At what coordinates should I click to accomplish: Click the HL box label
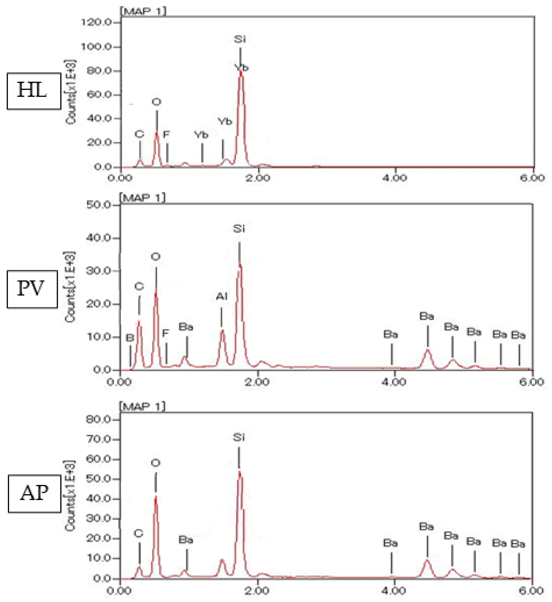[33, 91]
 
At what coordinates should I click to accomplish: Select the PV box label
[32, 289]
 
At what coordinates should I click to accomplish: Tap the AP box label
[34, 493]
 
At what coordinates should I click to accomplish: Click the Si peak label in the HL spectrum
[240, 39]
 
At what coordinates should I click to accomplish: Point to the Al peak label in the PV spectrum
[221, 296]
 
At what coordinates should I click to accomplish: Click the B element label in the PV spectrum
[130, 337]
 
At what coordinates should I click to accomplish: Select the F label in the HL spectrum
[166, 134]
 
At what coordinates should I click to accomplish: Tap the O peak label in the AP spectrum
[156, 463]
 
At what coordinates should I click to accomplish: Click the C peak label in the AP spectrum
[138, 533]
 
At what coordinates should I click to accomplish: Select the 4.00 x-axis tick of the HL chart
[395, 178]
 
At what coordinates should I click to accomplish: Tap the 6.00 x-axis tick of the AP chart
[531, 591]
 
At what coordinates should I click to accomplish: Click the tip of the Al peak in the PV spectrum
[222, 330]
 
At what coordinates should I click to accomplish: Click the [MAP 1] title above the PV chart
[143, 198]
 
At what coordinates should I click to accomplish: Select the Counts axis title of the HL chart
[71, 92]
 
